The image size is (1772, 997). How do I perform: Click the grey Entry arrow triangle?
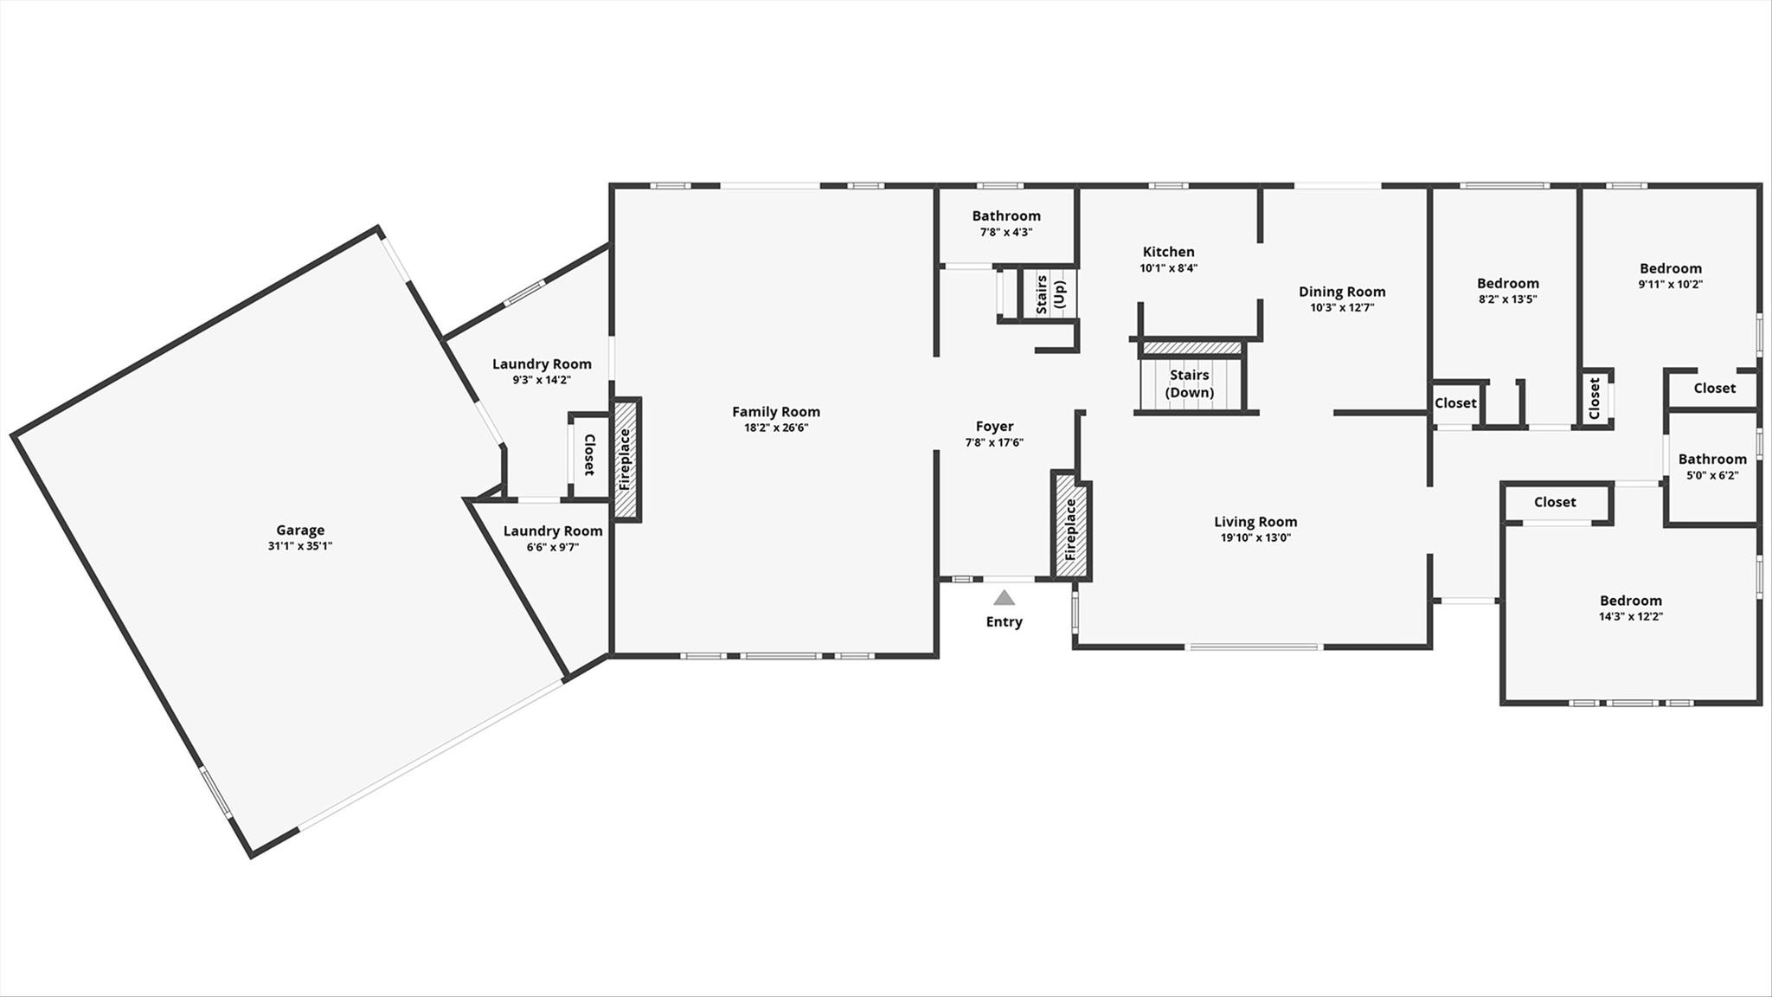click(1004, 597)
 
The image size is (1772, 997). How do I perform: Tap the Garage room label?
click(300, 531)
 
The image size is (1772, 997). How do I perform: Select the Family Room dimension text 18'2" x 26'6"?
click(776, 428)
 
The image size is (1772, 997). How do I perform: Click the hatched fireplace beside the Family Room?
click(626, 460)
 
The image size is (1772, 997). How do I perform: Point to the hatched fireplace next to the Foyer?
click(1070, 526)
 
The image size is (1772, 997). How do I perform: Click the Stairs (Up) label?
click(1050, 295)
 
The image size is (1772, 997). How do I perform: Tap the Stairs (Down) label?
click(1190, 383)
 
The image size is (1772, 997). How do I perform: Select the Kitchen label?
click(1168, 252)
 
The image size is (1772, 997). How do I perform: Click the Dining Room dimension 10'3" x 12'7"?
click(1342, 307)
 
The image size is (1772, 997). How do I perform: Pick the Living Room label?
click(1255, 522)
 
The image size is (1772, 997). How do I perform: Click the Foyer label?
click(994, 427)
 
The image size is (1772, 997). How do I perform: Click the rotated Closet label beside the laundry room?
click(589, 455)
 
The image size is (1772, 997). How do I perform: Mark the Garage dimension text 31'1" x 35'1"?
click(300, 546)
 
